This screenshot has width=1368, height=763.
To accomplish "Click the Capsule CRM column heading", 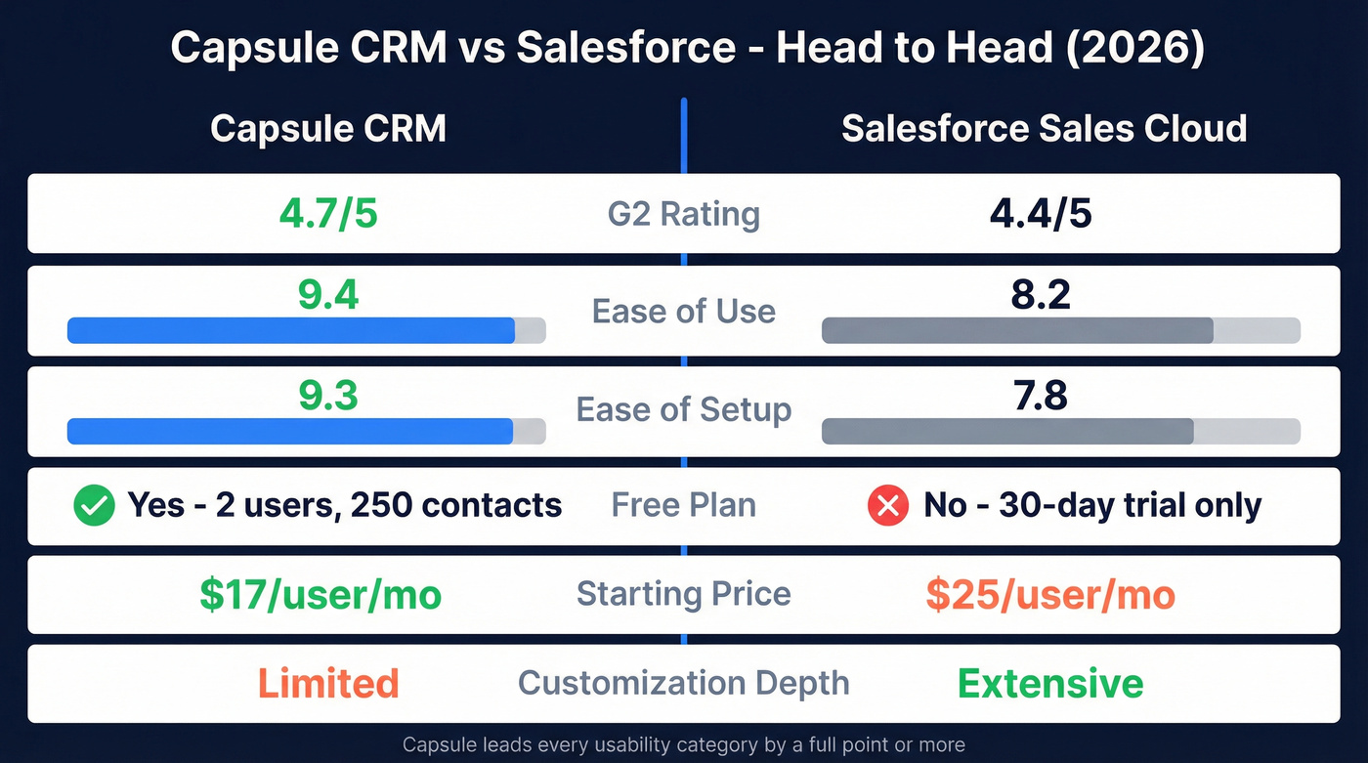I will point(327,129).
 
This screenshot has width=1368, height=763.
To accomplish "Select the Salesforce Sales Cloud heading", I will point(1044,129).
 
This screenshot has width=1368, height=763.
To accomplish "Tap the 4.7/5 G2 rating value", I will point(327,214).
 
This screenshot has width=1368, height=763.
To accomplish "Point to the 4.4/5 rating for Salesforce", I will point(1040,214).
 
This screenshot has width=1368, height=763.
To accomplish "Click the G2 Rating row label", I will point(683,214).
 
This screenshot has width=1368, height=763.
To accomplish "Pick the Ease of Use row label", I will point(683,312).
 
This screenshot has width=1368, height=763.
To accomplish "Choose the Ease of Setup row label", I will point(683,409).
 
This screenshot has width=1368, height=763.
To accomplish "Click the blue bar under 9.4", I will point(291,330).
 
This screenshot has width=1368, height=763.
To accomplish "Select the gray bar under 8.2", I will point(1017,330).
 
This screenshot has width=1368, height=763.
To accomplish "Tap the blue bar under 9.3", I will point(290,431).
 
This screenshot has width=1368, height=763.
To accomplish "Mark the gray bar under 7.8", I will point(1007,431).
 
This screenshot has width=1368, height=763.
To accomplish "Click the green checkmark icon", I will point(94,506).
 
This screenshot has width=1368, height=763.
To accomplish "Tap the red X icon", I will point(888,506).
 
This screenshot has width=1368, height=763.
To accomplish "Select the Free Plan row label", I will point(683,505).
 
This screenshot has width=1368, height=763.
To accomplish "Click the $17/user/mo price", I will point(321,595).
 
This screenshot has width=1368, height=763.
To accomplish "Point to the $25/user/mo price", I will point(1050,595).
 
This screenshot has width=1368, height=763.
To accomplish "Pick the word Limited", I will point(328,684).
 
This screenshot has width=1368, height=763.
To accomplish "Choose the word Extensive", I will point(1050,684).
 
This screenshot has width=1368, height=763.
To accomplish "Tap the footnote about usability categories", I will point(683,745).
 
